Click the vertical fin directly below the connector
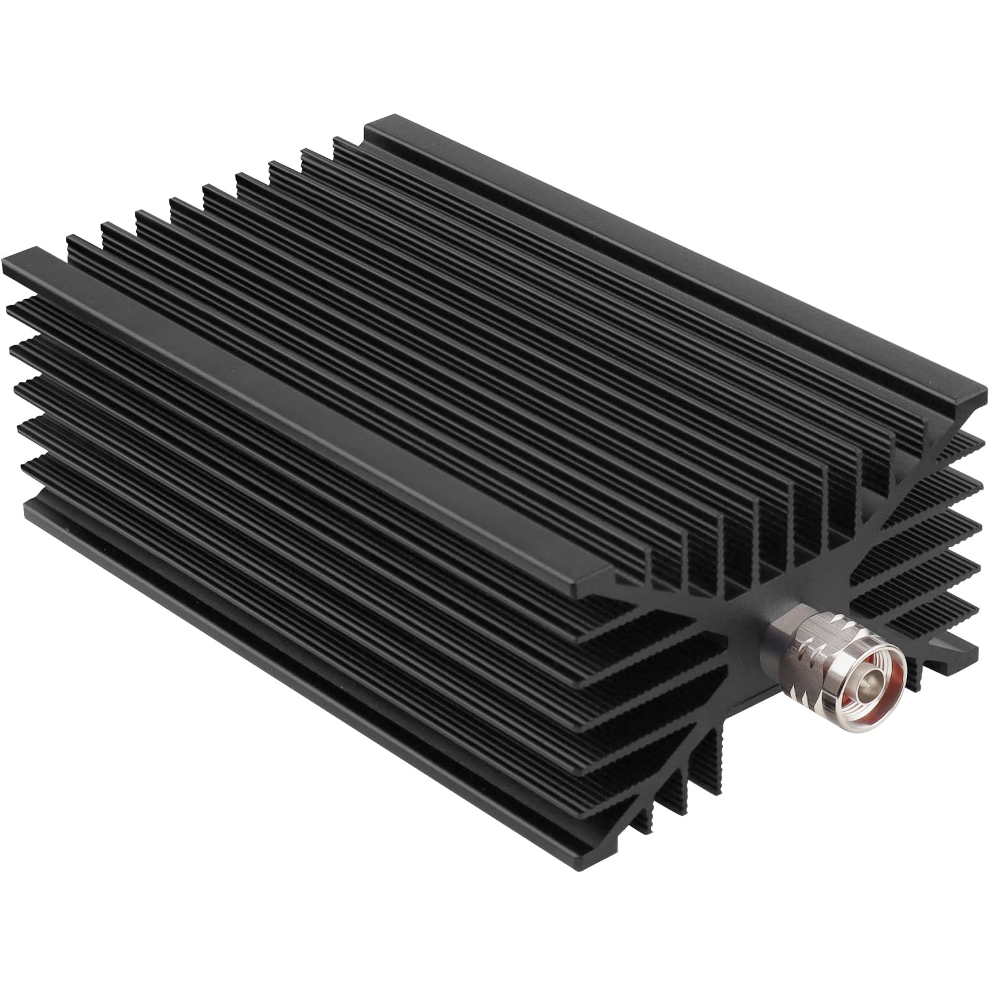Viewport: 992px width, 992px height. pyautogui.click(x=719, y=763)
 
